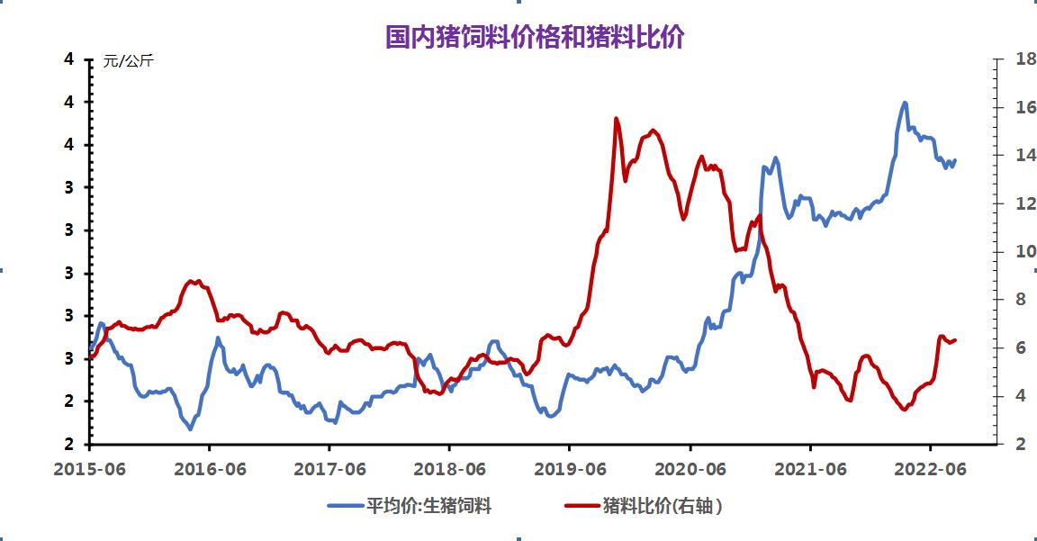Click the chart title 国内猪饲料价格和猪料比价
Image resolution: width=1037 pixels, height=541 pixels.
click(535, 37)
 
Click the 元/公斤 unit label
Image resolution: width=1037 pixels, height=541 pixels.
click(129, 61)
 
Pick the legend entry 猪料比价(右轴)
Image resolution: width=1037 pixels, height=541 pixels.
click(663, 506)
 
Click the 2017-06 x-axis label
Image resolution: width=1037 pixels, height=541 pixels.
click(329, 468)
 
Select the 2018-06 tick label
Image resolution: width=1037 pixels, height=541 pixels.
click(448, 468)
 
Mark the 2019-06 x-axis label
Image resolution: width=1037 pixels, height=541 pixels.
click(569, 468)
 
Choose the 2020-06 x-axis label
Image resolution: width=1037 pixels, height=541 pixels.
click(690, 468)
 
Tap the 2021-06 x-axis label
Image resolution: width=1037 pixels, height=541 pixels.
click(810, 468)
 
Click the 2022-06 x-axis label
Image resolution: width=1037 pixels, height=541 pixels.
click(930, 468)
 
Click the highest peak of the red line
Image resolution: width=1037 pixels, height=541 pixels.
click(617, 119)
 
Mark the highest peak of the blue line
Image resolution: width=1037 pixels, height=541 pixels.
click(905, 103)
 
